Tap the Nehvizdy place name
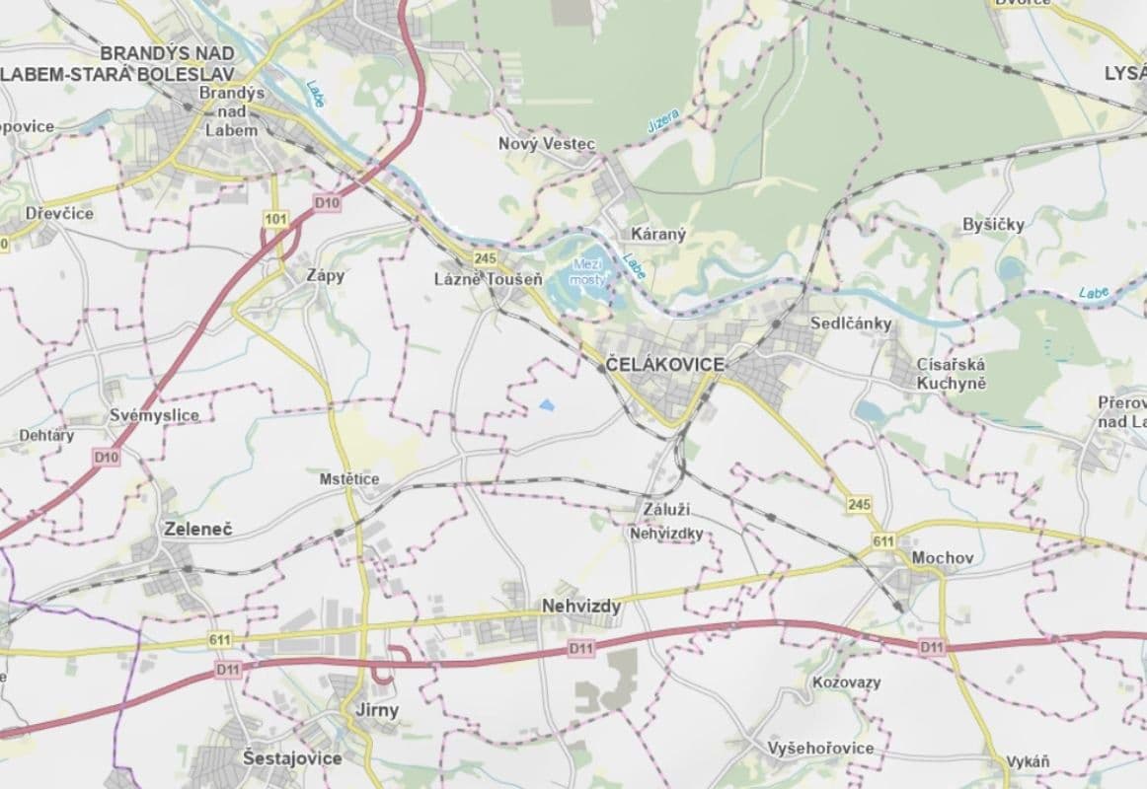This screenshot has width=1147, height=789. point(581,607)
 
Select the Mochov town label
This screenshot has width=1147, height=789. point(943,557)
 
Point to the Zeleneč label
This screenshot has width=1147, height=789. point(199,530)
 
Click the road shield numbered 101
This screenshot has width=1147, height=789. point(275,217)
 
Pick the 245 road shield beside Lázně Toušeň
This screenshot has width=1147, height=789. point(484,258)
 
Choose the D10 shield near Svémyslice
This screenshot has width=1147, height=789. point(107,458)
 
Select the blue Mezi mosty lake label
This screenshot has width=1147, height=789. point(586,272)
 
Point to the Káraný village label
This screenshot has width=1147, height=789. point(657,235)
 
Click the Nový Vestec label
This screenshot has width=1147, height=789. point(547,144)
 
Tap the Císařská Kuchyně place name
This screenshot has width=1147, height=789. point(951,372)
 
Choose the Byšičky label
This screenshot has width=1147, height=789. point(993,225)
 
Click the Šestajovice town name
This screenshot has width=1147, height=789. point(292,758)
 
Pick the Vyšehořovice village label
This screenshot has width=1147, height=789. point(820,749)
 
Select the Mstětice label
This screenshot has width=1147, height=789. point(349,479)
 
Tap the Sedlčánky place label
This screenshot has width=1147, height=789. point(850,323)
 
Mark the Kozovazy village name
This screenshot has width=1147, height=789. point(846,682)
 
